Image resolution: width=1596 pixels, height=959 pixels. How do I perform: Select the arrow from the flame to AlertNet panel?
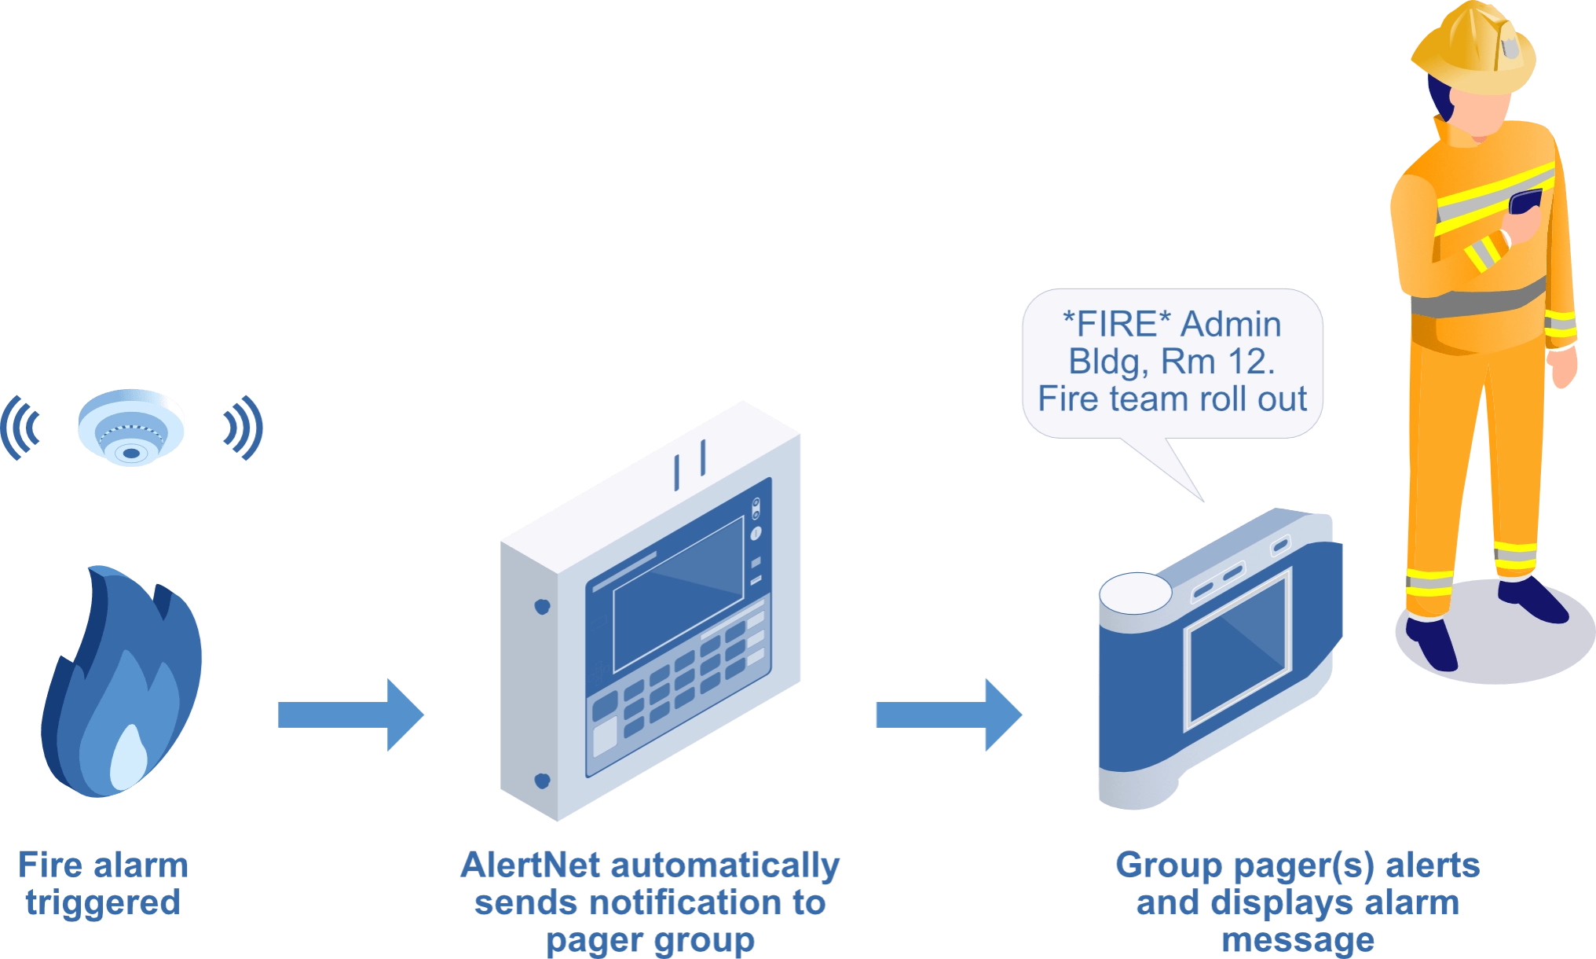[350, 715]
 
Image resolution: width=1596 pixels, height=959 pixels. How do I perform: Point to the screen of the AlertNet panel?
[678, 593]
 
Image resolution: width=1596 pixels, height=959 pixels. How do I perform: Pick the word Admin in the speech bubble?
[1231, 324]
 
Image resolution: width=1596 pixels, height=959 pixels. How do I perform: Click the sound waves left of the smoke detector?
[22, 428]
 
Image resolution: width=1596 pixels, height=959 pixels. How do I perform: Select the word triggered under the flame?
[104, 903]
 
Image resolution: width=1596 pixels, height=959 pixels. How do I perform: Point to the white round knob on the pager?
[1134, 593]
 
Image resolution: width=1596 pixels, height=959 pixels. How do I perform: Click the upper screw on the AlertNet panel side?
[541, 606]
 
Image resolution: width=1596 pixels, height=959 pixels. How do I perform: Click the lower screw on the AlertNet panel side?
[542, 781]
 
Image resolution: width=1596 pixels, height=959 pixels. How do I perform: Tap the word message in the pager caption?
[1297, 940]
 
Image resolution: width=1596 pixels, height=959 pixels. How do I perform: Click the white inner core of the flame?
[128, 759]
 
